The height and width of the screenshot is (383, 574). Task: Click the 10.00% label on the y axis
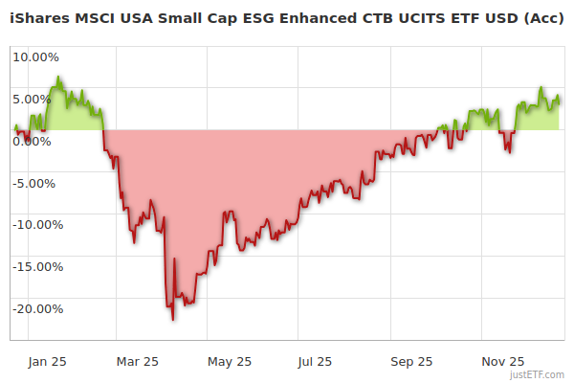(35, 56)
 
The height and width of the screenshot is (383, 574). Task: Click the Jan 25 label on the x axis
(46, 362)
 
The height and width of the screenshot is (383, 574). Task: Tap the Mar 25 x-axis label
(137, 362)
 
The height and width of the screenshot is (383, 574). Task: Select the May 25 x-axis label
(229, 362)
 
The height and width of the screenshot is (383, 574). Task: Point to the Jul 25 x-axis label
(315, 362)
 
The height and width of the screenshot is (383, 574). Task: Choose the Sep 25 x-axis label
(411, 362)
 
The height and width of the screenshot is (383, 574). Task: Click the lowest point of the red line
(173, 320)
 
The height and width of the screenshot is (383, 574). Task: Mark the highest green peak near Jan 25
(58, 78)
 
